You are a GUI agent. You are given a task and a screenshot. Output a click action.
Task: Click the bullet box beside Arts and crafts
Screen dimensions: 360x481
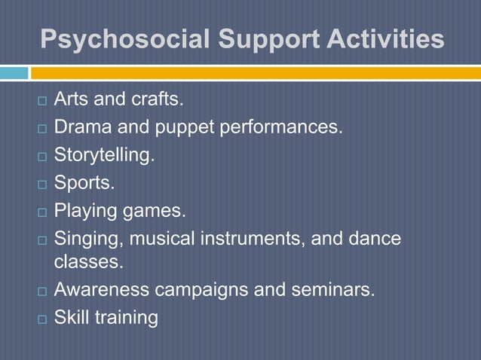coord(42,100)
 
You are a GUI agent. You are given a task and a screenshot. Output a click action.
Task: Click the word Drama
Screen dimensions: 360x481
coord(82,127)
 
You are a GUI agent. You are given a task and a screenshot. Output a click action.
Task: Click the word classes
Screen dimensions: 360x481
coord(88,263)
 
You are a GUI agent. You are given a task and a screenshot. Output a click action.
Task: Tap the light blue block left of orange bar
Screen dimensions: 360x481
coord(14,73)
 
